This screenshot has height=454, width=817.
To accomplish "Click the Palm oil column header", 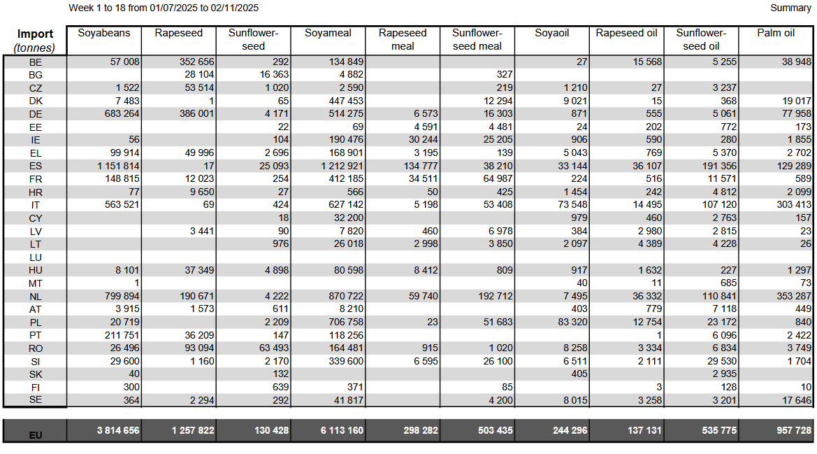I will tap(776, 33).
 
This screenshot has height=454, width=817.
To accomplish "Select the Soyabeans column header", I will tap(104, 33).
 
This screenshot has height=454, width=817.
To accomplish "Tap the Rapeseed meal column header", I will tap(403, 39).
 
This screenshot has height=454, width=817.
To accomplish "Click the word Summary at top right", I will tap(790, 8).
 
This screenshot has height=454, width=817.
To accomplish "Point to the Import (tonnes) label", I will tap(35, 41).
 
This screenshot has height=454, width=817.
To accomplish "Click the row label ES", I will tap(36, 166).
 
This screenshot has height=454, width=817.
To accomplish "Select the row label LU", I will tap(36, 257).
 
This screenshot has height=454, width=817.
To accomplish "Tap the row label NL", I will tap(36, 297).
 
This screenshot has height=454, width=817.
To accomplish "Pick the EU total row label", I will tap(36, 434).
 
